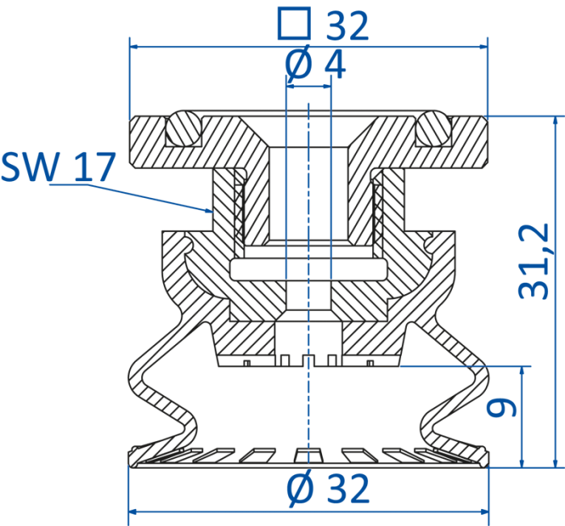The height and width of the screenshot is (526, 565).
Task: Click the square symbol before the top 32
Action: pyautogui.click(x=294, y=23)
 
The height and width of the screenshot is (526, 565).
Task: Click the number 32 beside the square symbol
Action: pyautogui.click(x=347, y=26)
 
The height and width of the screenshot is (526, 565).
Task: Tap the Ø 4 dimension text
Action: pyautogui.click(x=316, y=64)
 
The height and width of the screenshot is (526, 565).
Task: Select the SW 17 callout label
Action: pyautogui.click(x=58, y=166)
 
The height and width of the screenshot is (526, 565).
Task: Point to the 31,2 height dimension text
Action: pyautogui.click(x=534, y=261)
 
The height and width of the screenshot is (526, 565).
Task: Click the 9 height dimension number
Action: pyautogui.click(x=501, y=407)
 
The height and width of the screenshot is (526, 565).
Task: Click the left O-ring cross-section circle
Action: pyautogui.click(x=183, y=128)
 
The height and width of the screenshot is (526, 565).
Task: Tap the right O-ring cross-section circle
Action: pyautogui.click(x=433, y=128)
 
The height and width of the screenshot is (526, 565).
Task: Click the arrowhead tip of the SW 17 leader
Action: pyautogui.click(x=213, y=212)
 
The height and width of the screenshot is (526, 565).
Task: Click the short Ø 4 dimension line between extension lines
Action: pyautogui.click(x=308, y=86)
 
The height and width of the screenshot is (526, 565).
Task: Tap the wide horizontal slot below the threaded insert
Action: pyautogui.click(x=308, y=270)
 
